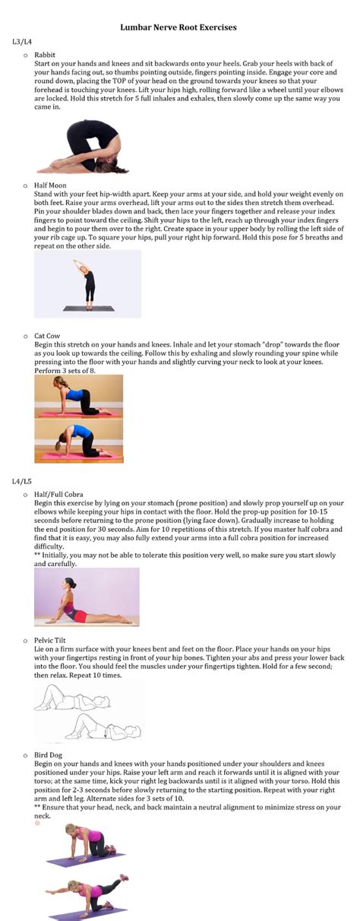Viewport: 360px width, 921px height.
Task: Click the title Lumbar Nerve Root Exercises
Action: pos(178,27)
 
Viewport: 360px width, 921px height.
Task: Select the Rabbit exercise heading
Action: pos(45,54)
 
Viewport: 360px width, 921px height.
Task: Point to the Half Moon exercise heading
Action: pos(50,185)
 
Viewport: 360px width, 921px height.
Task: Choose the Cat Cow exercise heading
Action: pos(48,335)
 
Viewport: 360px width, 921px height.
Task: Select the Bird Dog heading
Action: pos(48,755)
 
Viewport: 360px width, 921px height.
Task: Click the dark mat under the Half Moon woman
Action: pos(88,309)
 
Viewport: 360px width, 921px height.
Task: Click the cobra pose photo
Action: pos(86,597)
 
